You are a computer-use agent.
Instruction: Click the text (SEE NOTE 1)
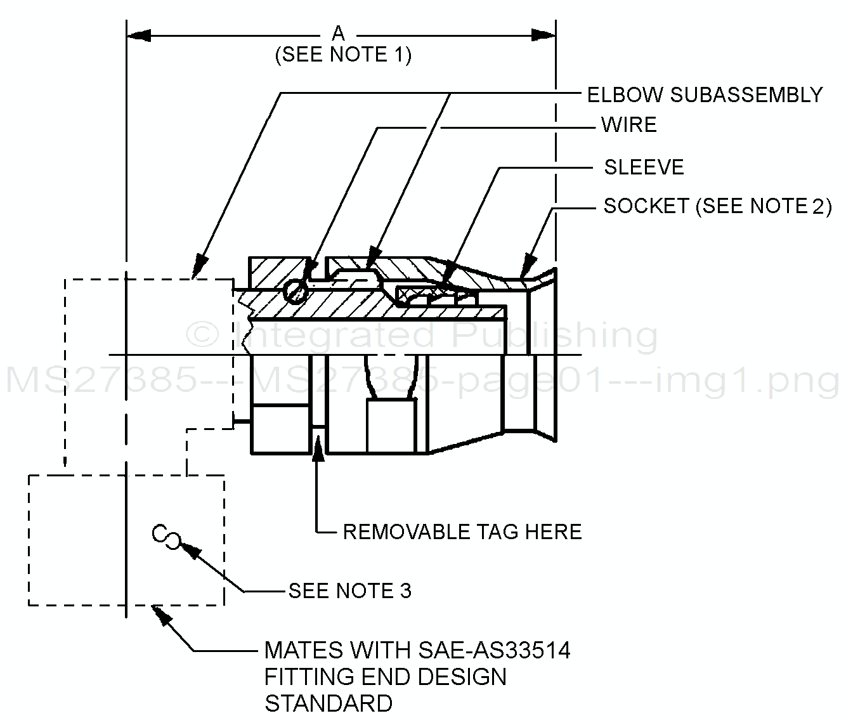pos(343,55)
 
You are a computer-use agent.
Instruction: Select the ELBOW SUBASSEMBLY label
pos(705,95)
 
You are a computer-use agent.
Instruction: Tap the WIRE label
pos(628,125)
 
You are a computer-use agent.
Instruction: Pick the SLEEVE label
pos(644,167)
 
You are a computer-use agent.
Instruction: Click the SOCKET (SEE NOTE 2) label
pos(717,206)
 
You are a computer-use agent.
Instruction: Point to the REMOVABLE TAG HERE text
pos(462,532)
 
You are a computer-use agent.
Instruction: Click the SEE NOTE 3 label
pos(350,591)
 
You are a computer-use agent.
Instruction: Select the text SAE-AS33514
pos(495,650)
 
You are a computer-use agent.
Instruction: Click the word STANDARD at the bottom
pos(329,703)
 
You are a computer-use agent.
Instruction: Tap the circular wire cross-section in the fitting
pos(296,290)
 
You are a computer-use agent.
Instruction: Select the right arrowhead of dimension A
pos(544,35)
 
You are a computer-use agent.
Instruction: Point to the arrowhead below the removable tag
pos(319,444)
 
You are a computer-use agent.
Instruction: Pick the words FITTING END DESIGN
pos(385,677)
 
